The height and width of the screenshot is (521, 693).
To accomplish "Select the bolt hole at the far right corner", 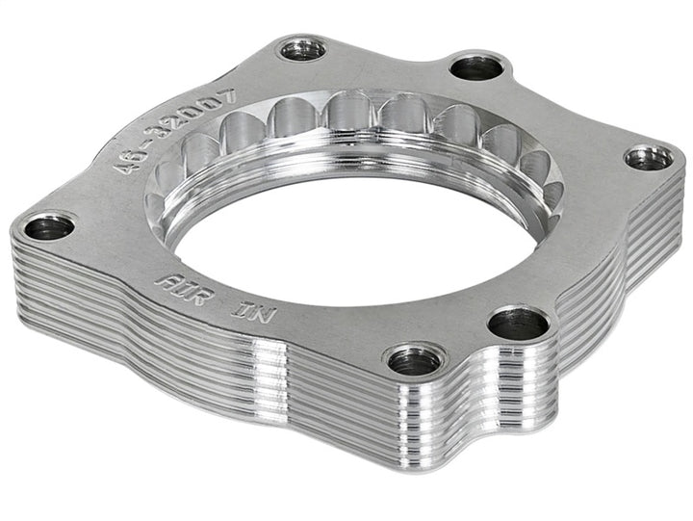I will coord(648,158).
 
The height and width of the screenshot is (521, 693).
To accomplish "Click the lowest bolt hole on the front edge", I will coord(415,361).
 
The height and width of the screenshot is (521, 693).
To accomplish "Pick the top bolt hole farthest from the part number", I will coord(475,66).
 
